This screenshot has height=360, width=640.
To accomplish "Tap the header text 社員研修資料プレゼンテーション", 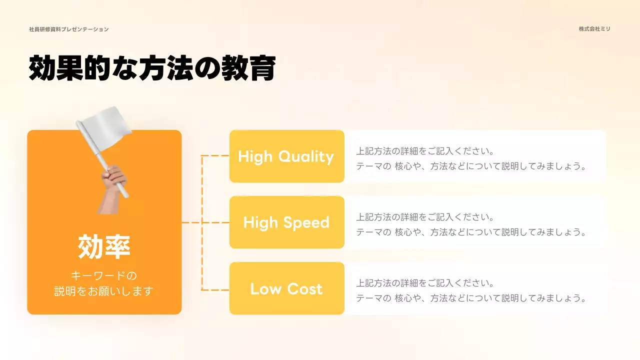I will click(x=69, y=29).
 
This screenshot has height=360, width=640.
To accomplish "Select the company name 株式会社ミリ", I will click(x=594, y=29).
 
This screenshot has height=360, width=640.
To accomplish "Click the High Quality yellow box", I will click(x=286, y=156).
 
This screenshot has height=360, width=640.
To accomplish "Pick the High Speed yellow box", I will click(x=286, y=222).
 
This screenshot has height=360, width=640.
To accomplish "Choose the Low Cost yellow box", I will click(x=286, y=288).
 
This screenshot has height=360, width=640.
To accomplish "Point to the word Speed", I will click(x=306, y=223).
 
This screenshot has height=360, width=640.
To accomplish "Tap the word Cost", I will click(x=304, y=289).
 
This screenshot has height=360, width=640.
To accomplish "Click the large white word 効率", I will click(x=104, y=246).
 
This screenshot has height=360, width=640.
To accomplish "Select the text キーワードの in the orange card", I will click(x=104, y=275).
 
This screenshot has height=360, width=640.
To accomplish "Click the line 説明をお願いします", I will click(x=104, y=291).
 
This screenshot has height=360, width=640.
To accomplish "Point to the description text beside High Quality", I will click(x=470, y=158).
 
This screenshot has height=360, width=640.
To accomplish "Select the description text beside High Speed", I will click(x=470, y=224).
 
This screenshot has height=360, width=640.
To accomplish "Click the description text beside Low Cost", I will click(x=470, y=290).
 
